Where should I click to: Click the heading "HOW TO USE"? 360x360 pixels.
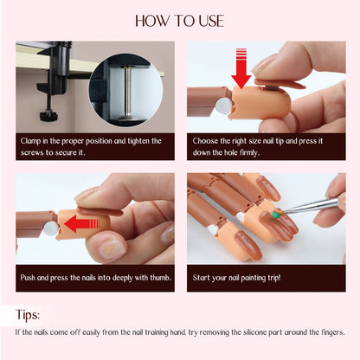tap(179, 20)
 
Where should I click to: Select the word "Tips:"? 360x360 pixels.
tap(32, 314)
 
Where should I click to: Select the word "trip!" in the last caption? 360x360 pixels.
tap(286, 277)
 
